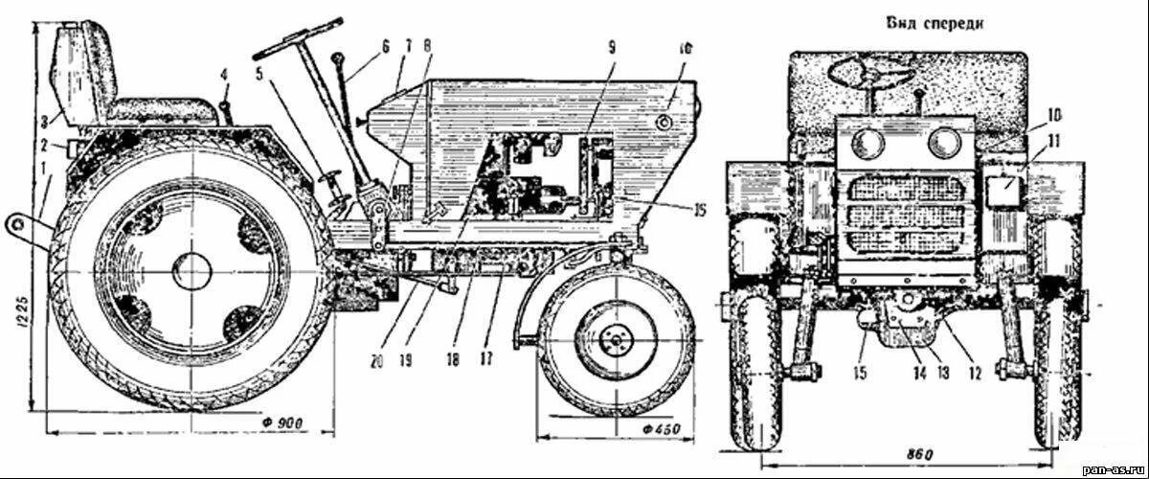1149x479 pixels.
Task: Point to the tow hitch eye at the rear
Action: [17, 222]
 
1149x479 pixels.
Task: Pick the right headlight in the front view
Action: [945, 145]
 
